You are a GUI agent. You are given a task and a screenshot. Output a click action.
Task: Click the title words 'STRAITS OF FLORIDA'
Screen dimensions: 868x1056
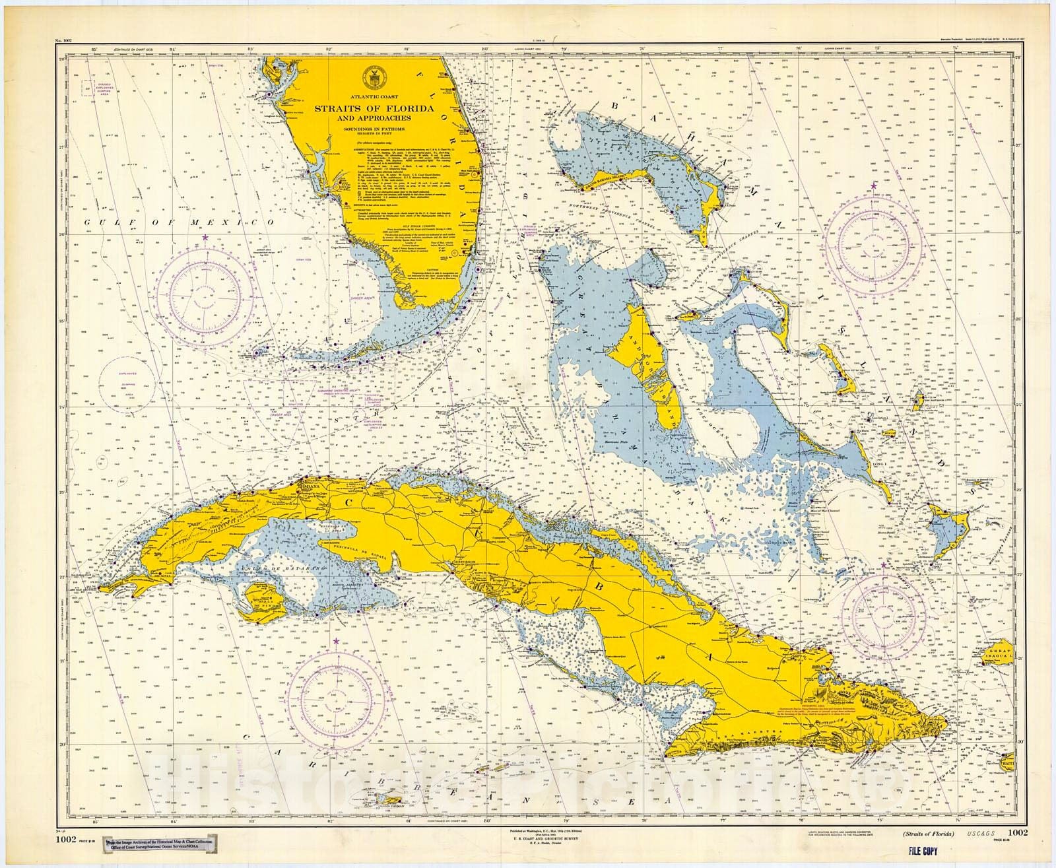pos(374,108)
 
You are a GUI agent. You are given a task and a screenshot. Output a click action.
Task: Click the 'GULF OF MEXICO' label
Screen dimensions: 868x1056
pos(178,223)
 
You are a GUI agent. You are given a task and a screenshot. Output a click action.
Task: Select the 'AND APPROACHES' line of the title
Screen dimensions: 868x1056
pos(374,119)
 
